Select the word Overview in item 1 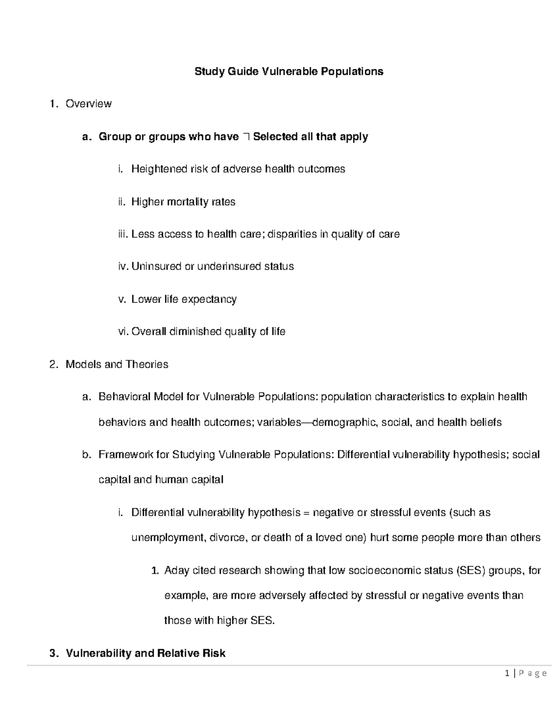[x=89, y=103]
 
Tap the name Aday [x=177, y=570]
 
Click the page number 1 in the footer [x=507, y=673]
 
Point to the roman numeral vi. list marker [x=123, y=331]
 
